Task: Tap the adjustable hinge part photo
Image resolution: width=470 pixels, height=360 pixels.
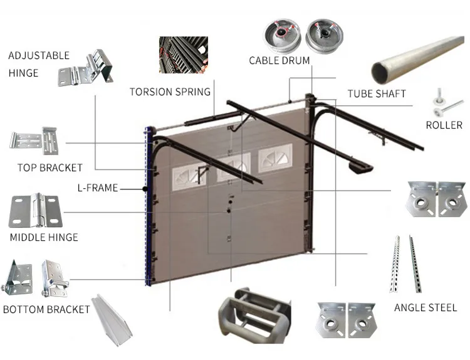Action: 85,67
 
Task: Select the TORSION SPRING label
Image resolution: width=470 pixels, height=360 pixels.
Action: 170,92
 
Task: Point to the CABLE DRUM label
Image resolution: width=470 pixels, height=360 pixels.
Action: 279,61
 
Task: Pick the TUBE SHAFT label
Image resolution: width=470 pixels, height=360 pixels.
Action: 377,94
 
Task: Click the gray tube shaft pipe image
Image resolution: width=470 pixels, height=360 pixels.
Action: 417,59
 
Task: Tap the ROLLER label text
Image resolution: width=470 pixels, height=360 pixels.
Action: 444,125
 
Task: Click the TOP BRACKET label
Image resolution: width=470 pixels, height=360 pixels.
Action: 50,167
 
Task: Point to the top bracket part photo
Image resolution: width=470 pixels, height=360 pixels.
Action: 34,141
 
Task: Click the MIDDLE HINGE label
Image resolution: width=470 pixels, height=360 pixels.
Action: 44,237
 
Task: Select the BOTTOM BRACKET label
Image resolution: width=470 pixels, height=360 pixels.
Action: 47,309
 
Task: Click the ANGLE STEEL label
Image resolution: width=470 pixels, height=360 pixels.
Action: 425,308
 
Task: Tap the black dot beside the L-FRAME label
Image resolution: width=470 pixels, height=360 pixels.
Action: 145,188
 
